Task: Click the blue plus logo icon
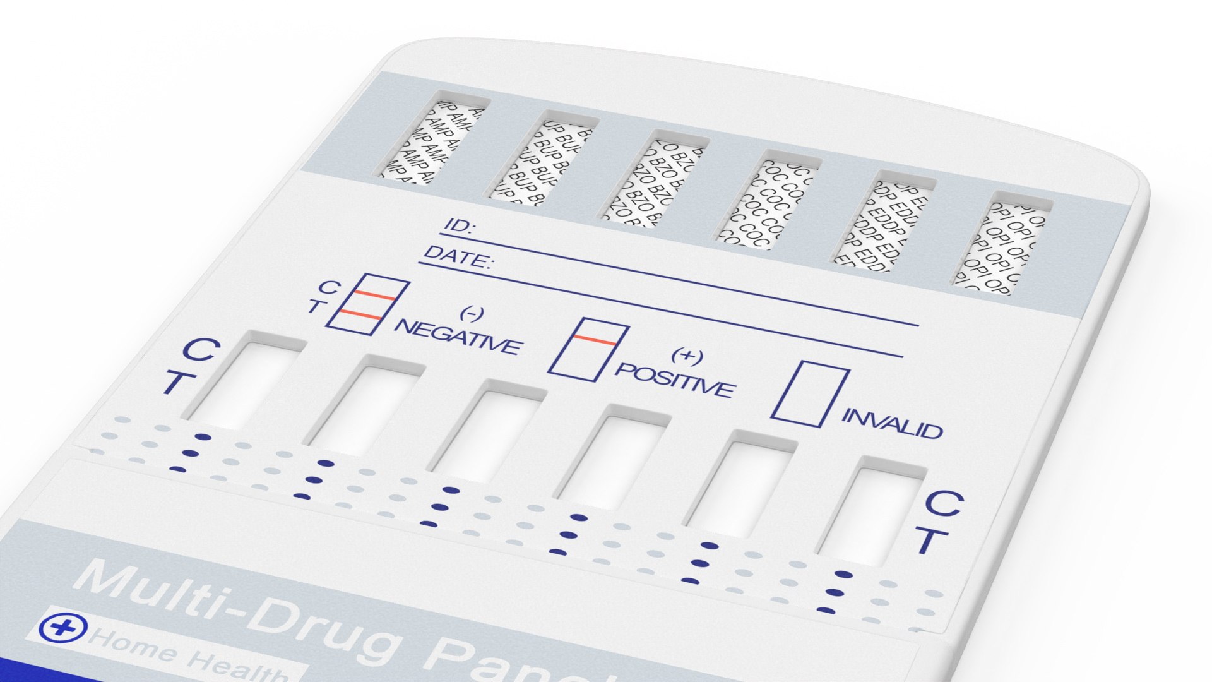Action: (62, 626)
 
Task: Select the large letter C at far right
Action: (944, 503)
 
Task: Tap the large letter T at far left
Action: (173, 383)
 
